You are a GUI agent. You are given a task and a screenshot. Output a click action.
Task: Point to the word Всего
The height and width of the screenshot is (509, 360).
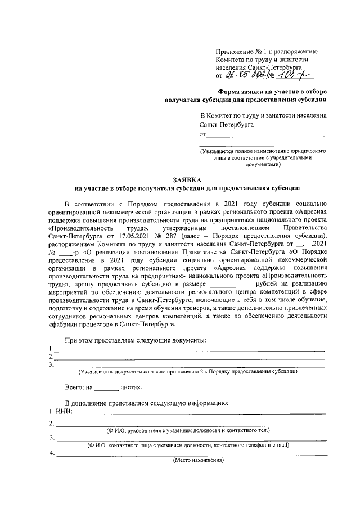pyautogui.click(x=74, y=388)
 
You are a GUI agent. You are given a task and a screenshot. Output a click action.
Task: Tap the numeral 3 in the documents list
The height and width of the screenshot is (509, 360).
pyautogui.click(x=51, y=364)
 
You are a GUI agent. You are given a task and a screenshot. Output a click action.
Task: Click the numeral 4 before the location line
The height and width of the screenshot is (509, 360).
pyautogui.click(x=51, y=453)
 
